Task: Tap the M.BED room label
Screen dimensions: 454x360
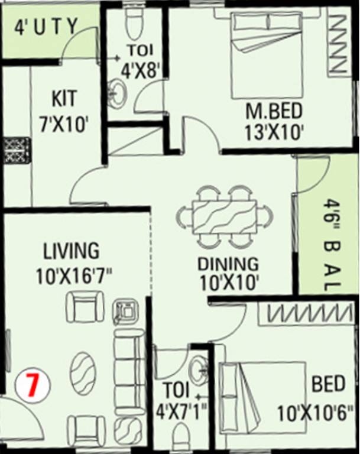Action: (x=274, y=111)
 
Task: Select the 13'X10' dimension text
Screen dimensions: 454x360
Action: (x=274, y=131)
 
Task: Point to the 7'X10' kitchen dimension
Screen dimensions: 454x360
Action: (x=63, y=124)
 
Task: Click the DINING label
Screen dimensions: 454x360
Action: (x=228, y=264)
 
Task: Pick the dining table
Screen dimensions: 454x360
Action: (x=225, y=217)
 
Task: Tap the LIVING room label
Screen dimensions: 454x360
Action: (x=71, y=251)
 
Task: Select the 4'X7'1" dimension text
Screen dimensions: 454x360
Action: (x=179, y=408)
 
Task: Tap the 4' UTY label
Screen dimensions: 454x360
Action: (x=46, y=27)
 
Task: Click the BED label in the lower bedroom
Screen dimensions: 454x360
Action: (x=328, y=384)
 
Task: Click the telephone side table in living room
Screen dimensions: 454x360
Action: (x=126, y=310)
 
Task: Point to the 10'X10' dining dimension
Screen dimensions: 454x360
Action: (x=229, y=283)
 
